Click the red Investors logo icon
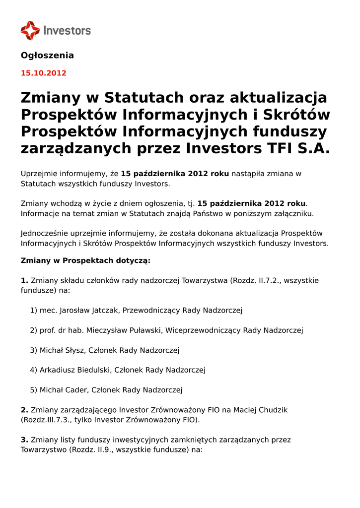(x=30, y=30)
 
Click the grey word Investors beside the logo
(x=68, y=31)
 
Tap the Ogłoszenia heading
(x=47, y=56)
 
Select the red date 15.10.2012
(x=43, y=73)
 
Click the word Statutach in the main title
(x=144, y=98)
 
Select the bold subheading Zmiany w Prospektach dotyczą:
(x=85, y=260)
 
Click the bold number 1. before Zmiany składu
(x=24, y=281)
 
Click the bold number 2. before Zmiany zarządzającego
(x=24, y=410)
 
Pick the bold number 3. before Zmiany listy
(x=24, y=440)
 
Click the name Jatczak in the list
(x=104, y=311)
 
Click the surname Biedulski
(x=95, y=370)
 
